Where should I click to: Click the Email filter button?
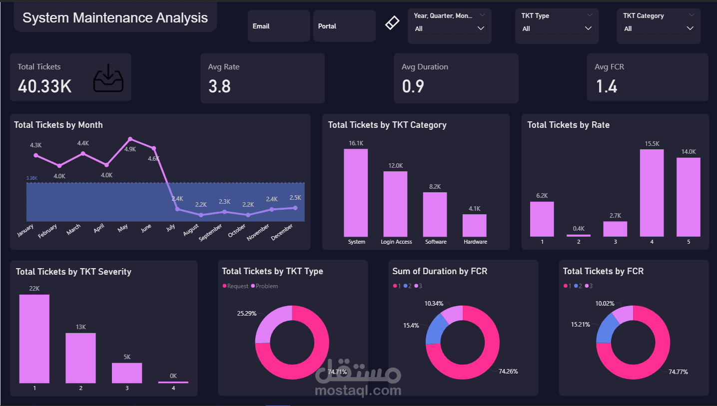coord(278,26)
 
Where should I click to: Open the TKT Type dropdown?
coord(557,28)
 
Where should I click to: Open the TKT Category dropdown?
coord(659,28)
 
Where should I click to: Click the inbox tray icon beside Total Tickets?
coord(108,79)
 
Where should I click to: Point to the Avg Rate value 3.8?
coord(219,86)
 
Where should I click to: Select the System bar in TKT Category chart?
coord(356,193)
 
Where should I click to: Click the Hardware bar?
coord(474,225)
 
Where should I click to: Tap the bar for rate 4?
coord(652,193)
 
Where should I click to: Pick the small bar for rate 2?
coord(579,235)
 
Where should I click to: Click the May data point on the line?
coord(130,139)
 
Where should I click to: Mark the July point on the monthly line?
coord(177,209)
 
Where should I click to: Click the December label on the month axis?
coord(282,233)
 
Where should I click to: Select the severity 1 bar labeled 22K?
coord(34,339)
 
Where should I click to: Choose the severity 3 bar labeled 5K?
coord(127,373)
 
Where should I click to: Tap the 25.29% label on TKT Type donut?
coord(247,314)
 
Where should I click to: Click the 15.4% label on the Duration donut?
coord(411,325)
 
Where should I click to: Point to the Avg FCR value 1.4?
coord(607,86)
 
